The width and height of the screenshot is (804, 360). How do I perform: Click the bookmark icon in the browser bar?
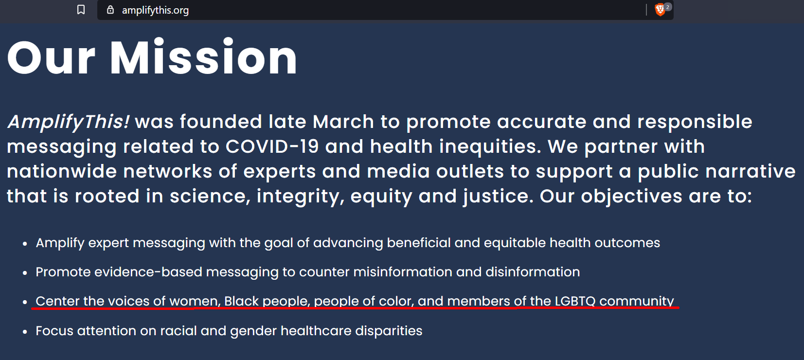pos(81,10)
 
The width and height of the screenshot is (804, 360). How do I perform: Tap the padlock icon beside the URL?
pos(110,10)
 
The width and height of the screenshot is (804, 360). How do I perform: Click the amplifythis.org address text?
pos(155,10)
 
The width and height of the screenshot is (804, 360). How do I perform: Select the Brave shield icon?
pos(660,10)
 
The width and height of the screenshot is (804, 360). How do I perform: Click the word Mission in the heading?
pos(203,57)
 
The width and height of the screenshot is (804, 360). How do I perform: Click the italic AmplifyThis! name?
pos(68,122)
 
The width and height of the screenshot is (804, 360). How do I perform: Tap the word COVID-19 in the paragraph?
pos(272,146)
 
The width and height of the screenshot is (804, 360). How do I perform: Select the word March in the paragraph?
pos(343,122)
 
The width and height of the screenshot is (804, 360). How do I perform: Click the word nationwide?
pos(62,171)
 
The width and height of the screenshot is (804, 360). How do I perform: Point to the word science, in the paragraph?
pos(210,197)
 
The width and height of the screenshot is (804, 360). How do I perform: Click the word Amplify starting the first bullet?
pos(60,243)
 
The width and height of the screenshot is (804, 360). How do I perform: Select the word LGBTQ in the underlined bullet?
pos(575,301)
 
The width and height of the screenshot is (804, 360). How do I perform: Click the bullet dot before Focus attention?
pos(25,332)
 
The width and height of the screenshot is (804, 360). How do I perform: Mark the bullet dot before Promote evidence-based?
pos(25,273)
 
